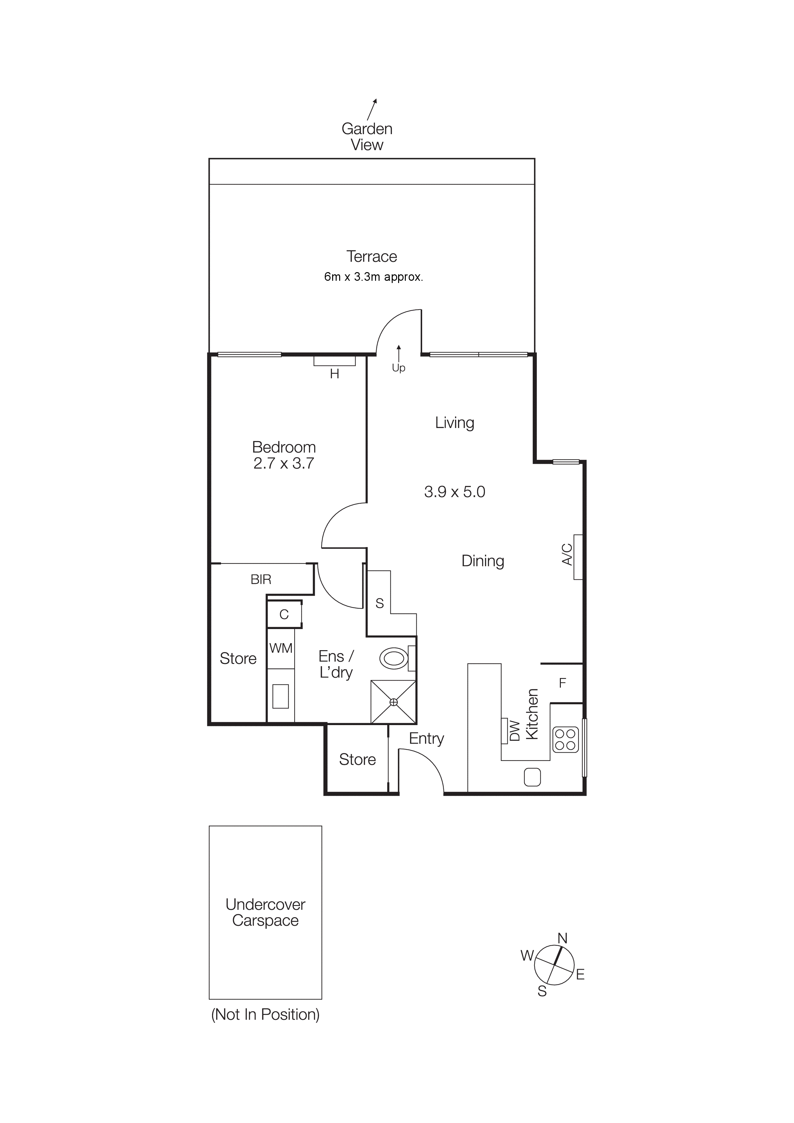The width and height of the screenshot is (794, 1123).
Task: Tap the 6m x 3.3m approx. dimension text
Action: (x=373, y=277)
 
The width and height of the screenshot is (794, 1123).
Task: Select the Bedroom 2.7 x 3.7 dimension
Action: (x=284, y=463)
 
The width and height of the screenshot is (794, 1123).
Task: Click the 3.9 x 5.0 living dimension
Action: (x=454, y=492)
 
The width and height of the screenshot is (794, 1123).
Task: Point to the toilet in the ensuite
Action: (x=394, y=658)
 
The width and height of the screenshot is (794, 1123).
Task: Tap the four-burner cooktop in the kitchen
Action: (x=566, y=739)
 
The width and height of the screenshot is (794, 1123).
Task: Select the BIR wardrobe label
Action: (x=261, y=580)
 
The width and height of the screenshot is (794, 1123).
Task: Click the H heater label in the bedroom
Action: (x=335, y=374)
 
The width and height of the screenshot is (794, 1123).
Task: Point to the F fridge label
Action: (x=563, y=683)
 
